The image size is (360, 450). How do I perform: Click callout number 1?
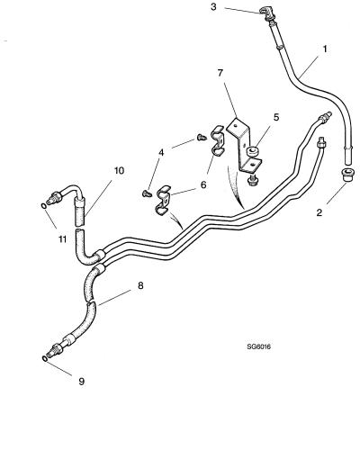[325, 49]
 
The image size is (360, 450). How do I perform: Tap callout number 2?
[319, 212]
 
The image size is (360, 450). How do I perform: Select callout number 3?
[213, 6]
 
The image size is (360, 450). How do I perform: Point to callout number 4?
[161, 153]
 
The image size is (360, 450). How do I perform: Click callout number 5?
[276, 117]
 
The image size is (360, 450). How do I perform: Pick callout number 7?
[220, 73]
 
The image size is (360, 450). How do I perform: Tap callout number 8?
[140, 285]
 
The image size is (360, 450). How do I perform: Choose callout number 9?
[81, 382]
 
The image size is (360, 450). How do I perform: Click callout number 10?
[119, 171]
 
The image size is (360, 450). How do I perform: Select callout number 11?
[62, 239]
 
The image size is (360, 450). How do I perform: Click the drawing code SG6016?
[259, 346]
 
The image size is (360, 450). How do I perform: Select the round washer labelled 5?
[251, 152]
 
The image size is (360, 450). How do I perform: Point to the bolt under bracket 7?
[251, 180]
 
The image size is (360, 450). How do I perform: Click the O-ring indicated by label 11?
[44, 206]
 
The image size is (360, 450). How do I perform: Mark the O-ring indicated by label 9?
[45, 359]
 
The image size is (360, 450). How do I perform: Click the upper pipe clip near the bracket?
[217, 140]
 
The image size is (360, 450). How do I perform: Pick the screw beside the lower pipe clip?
[147, 193]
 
